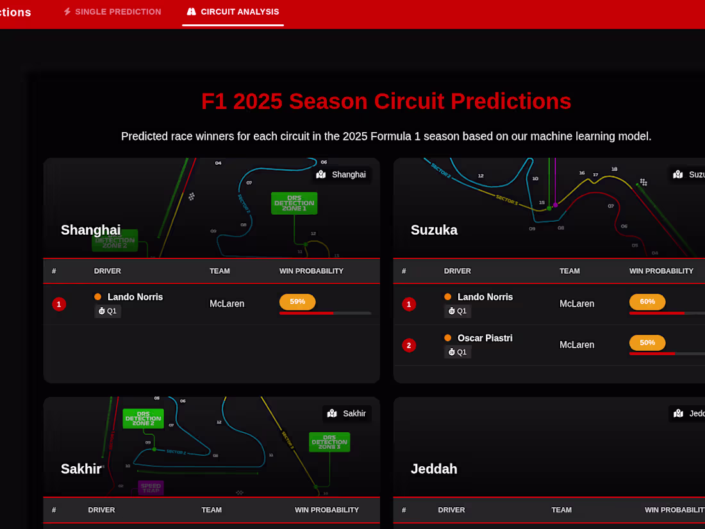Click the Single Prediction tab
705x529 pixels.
click(x=112, y=12)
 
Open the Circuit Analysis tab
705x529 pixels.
click(x=233, y=12)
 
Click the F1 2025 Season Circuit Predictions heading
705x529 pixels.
click(x=386, y=101)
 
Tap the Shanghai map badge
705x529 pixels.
click(x=342, y=174)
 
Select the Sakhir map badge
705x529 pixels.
click(x=347, y=414)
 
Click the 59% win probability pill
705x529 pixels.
click(x=297, y=301)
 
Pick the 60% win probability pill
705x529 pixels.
click(x=647, y=301)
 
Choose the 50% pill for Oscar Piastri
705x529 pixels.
click(x=647, y=342)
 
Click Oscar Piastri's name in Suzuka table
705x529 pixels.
click(x=485, y=338)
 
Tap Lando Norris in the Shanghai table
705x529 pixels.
click(x=135, y=297)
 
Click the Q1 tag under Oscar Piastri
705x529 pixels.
click(x=458, y=352)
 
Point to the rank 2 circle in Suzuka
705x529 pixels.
click(x=409, y=345)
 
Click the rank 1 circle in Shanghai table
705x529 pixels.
click(x=59, y=304)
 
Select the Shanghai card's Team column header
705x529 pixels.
click(x=219, y=271)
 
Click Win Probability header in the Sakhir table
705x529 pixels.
click(x=326, y=510)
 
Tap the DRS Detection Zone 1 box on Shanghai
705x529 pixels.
click(x=294, y=203)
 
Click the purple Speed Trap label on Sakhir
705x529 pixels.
click(x=151, y=488)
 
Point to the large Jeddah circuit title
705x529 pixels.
click(x=434, y=469)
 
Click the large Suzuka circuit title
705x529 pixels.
click(x=434, y=230)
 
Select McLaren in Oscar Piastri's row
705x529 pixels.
click(x=577, y=345)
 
